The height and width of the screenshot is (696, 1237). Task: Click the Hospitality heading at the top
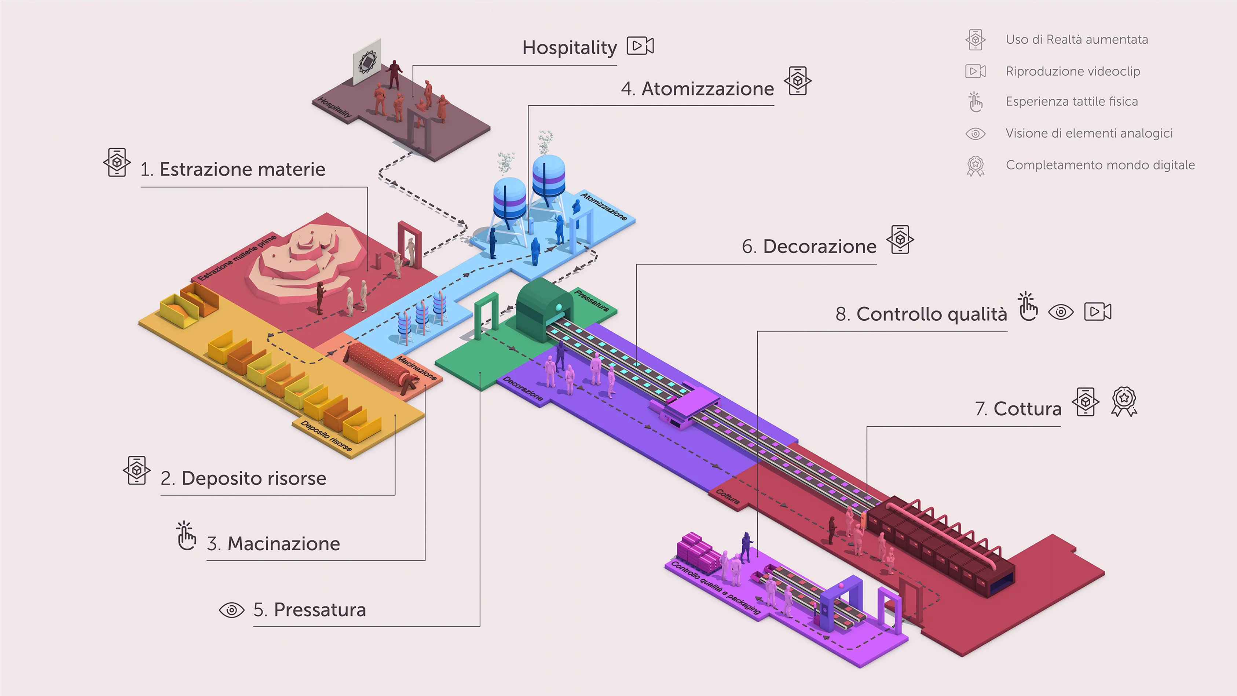(x=569, y=48)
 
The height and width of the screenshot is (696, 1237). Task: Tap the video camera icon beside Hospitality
(x=640, y=46)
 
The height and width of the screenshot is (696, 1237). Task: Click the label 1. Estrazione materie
(x=233, y=170)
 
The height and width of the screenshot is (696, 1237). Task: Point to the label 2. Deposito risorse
(x=244, y=478)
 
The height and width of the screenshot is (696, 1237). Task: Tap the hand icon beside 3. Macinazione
(x=186, y=536)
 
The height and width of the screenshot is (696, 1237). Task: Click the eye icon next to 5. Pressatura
(x=231, y=610)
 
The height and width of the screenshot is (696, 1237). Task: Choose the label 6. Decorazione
(x=809, y=247)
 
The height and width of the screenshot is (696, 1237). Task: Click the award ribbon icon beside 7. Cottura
(x=1124, y=401)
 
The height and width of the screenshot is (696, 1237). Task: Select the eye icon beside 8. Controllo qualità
(x=1061, y=312)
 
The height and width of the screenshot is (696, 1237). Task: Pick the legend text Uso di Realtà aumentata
(x=1077, y=39)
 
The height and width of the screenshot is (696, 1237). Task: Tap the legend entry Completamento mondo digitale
(x=1100, y=165)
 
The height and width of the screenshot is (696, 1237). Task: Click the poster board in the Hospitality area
(x=367, y=62)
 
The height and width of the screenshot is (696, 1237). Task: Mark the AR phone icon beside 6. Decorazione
(x=900, y=239)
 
